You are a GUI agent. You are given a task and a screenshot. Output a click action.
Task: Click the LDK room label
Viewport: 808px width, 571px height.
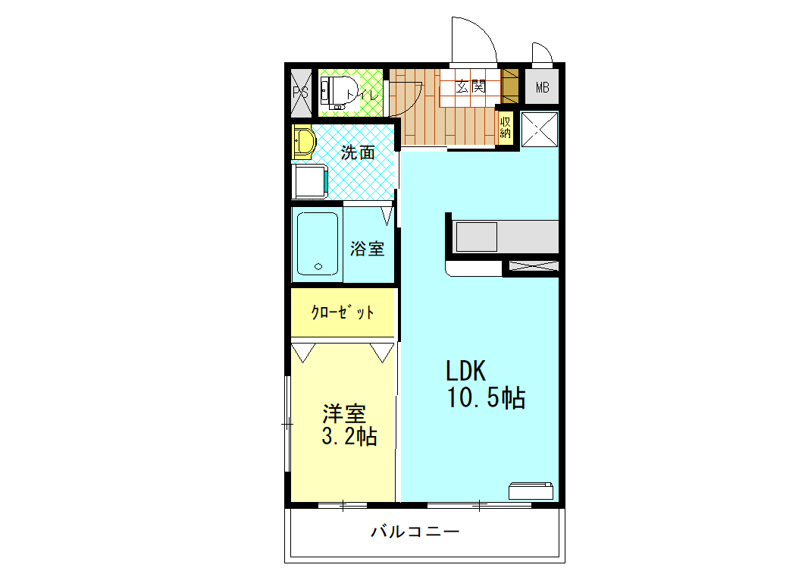coord(465,371)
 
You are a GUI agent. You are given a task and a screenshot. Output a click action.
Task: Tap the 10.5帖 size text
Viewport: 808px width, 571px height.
coord(486,398)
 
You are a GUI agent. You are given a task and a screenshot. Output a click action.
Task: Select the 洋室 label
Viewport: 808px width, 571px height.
coord(344,414)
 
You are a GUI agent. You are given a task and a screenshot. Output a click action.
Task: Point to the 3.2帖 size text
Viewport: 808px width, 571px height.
coord(348,437)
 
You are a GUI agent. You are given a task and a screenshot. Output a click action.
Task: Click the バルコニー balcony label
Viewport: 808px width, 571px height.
coord(415,532)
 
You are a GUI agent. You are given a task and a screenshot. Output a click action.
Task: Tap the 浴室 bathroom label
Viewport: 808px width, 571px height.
coord(367,249)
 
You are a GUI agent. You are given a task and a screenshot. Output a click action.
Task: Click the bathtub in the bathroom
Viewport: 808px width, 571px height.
coord(318,243)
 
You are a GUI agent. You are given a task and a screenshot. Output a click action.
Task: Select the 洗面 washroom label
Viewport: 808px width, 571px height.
coord(358,152)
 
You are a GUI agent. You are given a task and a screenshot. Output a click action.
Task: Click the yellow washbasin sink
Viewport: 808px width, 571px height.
coord(303,142)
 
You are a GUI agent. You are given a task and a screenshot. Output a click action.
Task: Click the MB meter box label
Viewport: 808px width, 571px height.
coord(542,87)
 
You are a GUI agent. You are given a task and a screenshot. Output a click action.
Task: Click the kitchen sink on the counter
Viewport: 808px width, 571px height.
coord(475,236)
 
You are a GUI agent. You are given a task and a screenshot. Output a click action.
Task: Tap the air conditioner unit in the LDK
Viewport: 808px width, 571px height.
coord(531,491)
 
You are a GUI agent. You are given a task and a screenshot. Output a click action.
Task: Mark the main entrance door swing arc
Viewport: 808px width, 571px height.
coord(474,39)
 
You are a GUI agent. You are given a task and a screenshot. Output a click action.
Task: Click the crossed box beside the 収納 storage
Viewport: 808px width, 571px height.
coord(540,127)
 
